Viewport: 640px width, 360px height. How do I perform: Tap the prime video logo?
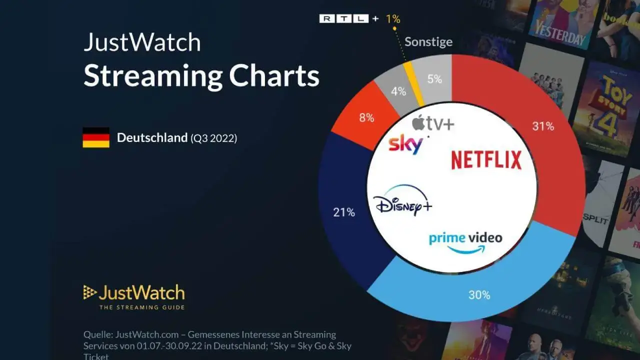[x=465, y=242]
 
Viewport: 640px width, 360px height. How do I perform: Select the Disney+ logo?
[x=403, y=203]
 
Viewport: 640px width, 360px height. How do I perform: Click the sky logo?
[x=405, y=144]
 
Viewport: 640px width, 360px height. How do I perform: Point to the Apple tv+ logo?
[x=433, y=122]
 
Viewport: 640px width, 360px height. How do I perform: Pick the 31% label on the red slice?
[x=543, y=126]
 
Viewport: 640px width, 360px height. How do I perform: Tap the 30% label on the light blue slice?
[x=479, y=295]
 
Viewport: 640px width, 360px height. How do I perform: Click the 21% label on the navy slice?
[x=344, y=212]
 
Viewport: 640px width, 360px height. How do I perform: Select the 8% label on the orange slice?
[x=366, y=118]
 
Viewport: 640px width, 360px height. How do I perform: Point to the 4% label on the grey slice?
[x=398, y=91]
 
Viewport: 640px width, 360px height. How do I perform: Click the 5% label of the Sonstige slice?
[x=434, y=79]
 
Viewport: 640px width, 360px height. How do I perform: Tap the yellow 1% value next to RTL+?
[x=392, y=19]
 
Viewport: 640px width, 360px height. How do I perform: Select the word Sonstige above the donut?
[x=428, y=41]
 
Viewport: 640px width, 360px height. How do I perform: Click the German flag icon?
[x=96, y=137]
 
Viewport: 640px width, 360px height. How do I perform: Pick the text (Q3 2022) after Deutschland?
[x=213, y=138]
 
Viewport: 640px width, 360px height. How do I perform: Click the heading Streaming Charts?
[x=201, y=76]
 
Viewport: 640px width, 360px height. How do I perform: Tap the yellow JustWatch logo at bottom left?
[x=134, y=296]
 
